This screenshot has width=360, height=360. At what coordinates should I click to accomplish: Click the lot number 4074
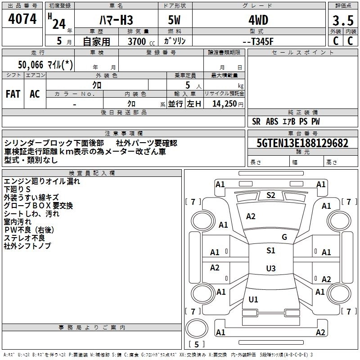click(22, 19)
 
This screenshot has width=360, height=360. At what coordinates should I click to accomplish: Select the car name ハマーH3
click(116, 20)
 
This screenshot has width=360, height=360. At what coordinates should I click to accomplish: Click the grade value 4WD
click(258, 20)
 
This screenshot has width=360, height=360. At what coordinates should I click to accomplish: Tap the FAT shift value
click(13, 94)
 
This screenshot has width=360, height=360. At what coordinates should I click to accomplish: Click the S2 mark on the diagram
click(271, 195)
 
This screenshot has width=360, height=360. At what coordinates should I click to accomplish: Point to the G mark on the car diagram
click(284, 237)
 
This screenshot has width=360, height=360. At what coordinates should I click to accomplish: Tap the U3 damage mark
click(270, 268)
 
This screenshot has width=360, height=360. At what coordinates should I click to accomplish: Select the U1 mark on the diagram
click(253, 299)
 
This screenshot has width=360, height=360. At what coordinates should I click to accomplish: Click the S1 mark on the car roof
click(270, 251)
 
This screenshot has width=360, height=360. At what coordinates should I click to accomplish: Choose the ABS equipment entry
click(272, 121)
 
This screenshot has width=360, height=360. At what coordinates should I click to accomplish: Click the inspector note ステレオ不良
click(24, 238)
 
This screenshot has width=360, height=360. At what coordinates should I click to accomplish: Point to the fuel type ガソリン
click(175, 41)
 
